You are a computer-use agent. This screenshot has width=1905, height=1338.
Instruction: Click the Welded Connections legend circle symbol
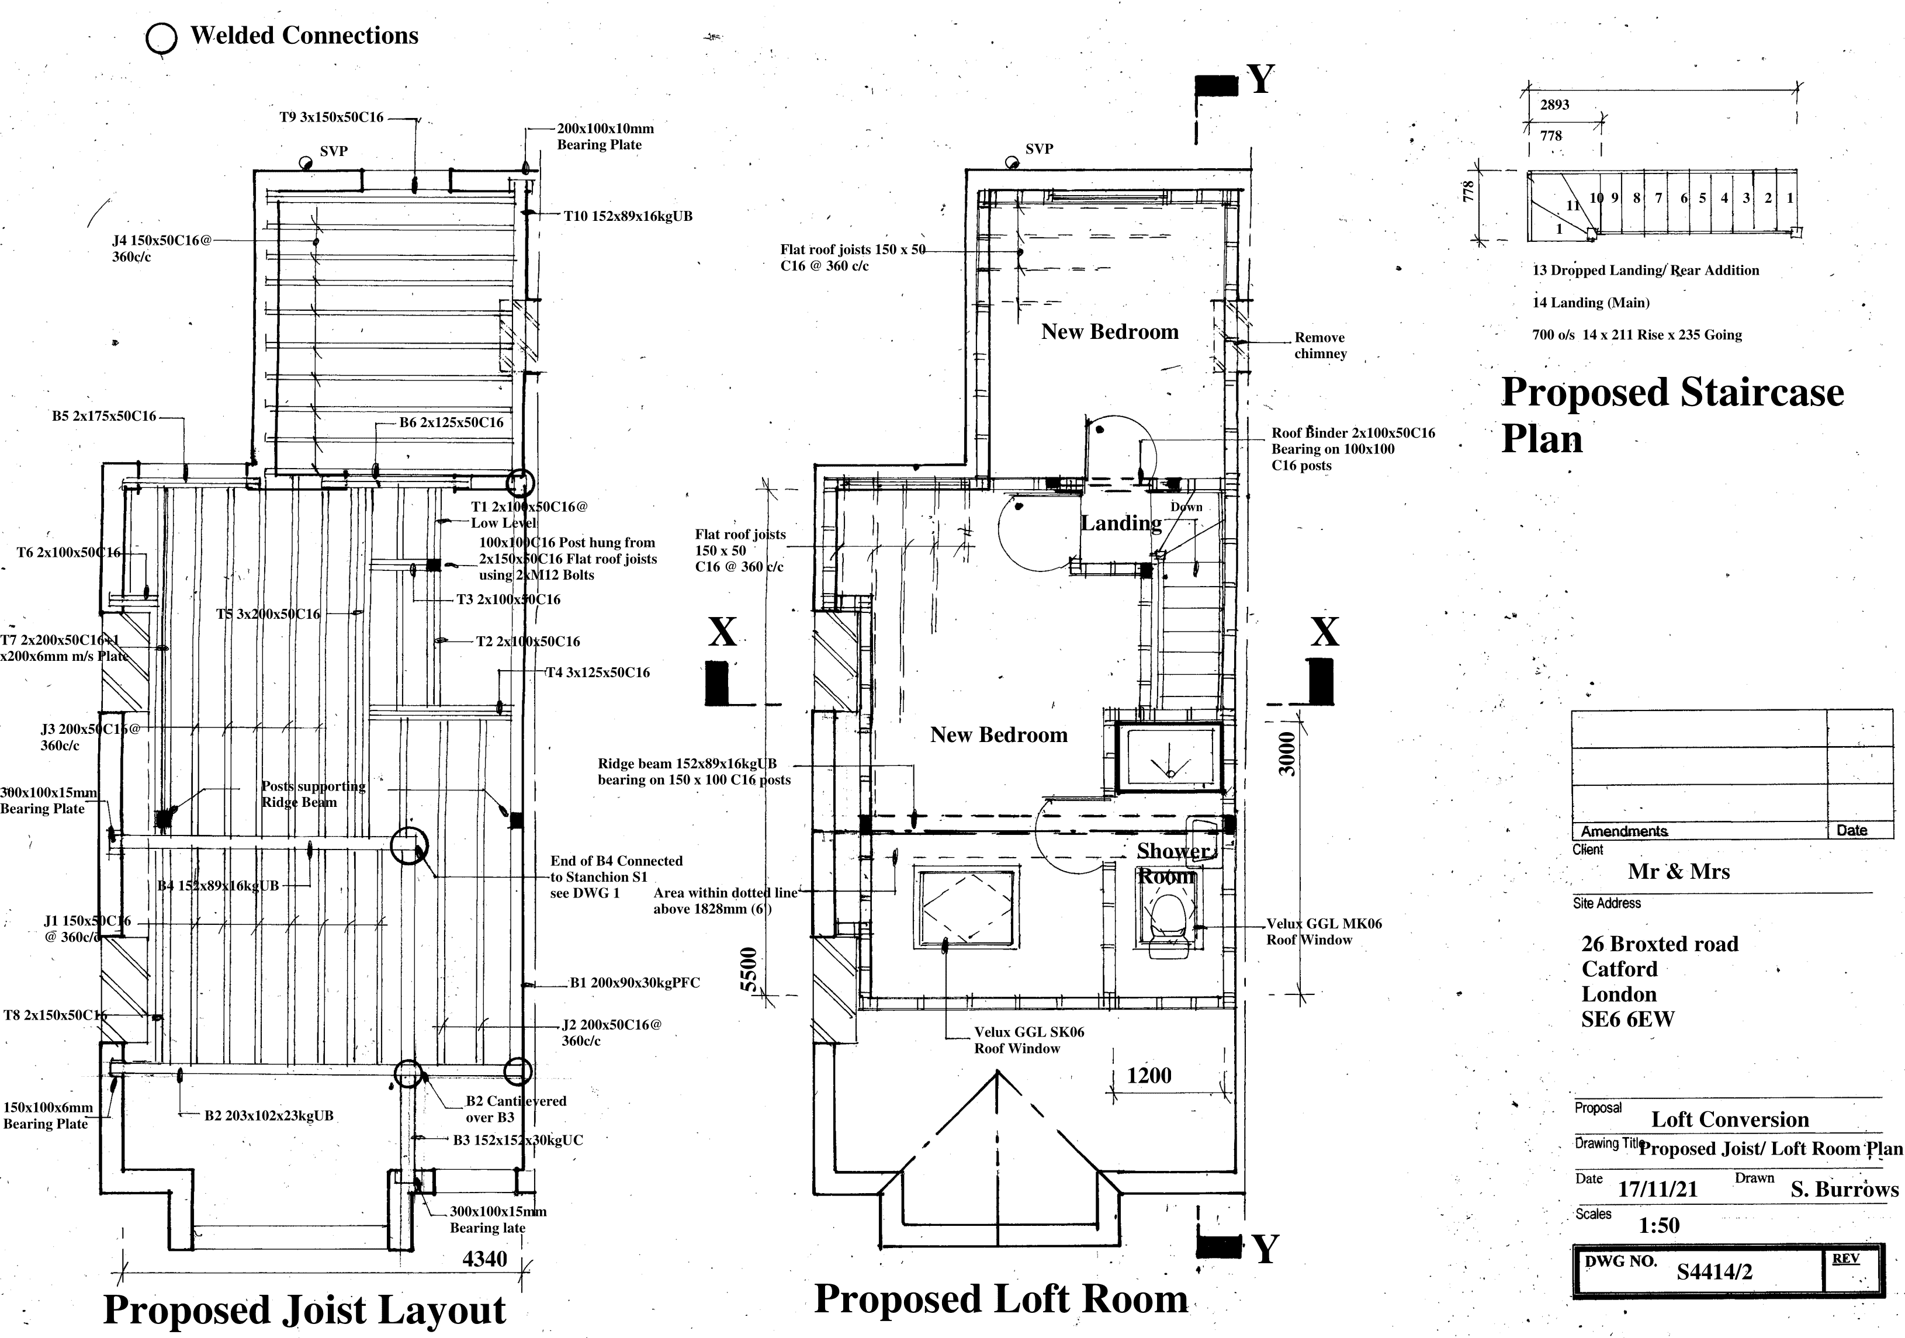[x=161, y=38]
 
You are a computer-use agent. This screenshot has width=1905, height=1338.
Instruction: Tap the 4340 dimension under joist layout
[x=484, y=1259]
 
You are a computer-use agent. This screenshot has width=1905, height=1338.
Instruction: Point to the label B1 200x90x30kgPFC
[x=634, y=983]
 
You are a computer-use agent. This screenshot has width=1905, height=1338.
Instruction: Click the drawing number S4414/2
[x=1714, y=1271]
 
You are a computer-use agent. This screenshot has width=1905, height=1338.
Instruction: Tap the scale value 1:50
[x=1658, y=1225]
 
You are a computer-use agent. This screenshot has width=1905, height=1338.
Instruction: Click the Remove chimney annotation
[x=1320, y=345]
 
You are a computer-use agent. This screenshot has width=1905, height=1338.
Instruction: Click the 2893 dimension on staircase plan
[x=1554, y=105]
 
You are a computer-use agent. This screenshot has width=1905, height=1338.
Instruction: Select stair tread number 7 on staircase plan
[x=1658, y=198]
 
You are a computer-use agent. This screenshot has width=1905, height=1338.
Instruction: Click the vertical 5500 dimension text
[x=749, y=969]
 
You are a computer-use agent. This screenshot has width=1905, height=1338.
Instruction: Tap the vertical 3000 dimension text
[x=1286, y=753]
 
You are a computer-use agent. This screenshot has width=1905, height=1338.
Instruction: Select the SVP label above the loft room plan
[x=1039, y=150]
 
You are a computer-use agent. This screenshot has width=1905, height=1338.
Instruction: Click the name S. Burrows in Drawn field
[x=1844, y=1190]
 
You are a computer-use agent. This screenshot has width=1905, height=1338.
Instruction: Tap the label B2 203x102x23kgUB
[x=269, y=1116]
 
